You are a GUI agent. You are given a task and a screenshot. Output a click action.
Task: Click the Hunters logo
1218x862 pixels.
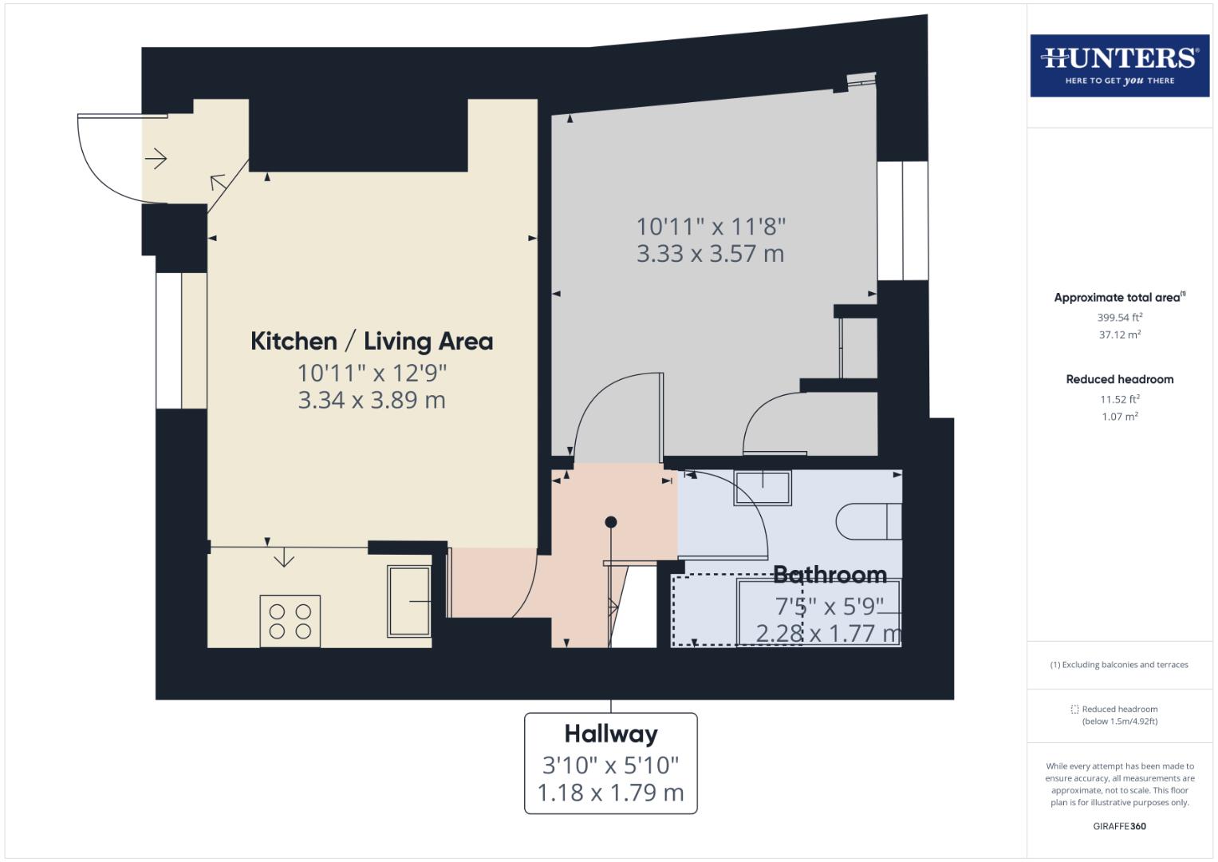(1119, 65)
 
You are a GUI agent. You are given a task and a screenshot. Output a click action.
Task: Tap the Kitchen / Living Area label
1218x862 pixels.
(372, 341)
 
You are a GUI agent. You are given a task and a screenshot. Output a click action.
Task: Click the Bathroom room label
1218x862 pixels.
(830, 574)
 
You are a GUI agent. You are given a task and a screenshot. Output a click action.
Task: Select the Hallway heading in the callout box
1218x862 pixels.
(611, 733)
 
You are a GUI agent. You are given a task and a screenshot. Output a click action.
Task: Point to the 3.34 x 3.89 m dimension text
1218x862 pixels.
(372, 400)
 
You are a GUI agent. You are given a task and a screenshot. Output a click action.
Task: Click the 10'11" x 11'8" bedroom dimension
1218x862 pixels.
(711, 227)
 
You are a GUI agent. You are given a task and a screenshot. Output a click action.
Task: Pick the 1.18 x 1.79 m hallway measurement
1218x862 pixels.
(611, 793)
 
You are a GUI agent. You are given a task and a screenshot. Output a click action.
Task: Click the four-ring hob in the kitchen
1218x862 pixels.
(290, 621)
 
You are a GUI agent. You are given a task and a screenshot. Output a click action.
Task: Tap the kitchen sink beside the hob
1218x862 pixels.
(409, 601)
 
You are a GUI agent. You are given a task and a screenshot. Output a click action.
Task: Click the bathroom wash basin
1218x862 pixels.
(763, 487)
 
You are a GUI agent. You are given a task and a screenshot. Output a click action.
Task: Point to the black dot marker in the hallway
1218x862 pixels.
(611, 522)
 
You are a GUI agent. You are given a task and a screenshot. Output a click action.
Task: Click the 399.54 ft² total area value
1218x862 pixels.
(1119, 317)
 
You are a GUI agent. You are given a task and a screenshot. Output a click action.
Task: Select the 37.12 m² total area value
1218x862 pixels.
(1119, 335)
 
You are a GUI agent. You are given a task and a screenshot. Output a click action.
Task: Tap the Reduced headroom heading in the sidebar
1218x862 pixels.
(1119, 379)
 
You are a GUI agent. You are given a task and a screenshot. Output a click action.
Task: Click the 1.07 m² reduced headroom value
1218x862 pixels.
(1119, 417)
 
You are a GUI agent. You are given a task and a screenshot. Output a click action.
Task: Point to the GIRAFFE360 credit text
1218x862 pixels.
(1119, 826)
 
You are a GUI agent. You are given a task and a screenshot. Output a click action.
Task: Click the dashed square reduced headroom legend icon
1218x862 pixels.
(1074, 709)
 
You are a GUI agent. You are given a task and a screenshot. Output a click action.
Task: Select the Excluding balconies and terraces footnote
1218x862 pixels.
(1119, 664)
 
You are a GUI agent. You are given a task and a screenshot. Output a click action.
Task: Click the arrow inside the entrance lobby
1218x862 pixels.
(156, 159)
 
